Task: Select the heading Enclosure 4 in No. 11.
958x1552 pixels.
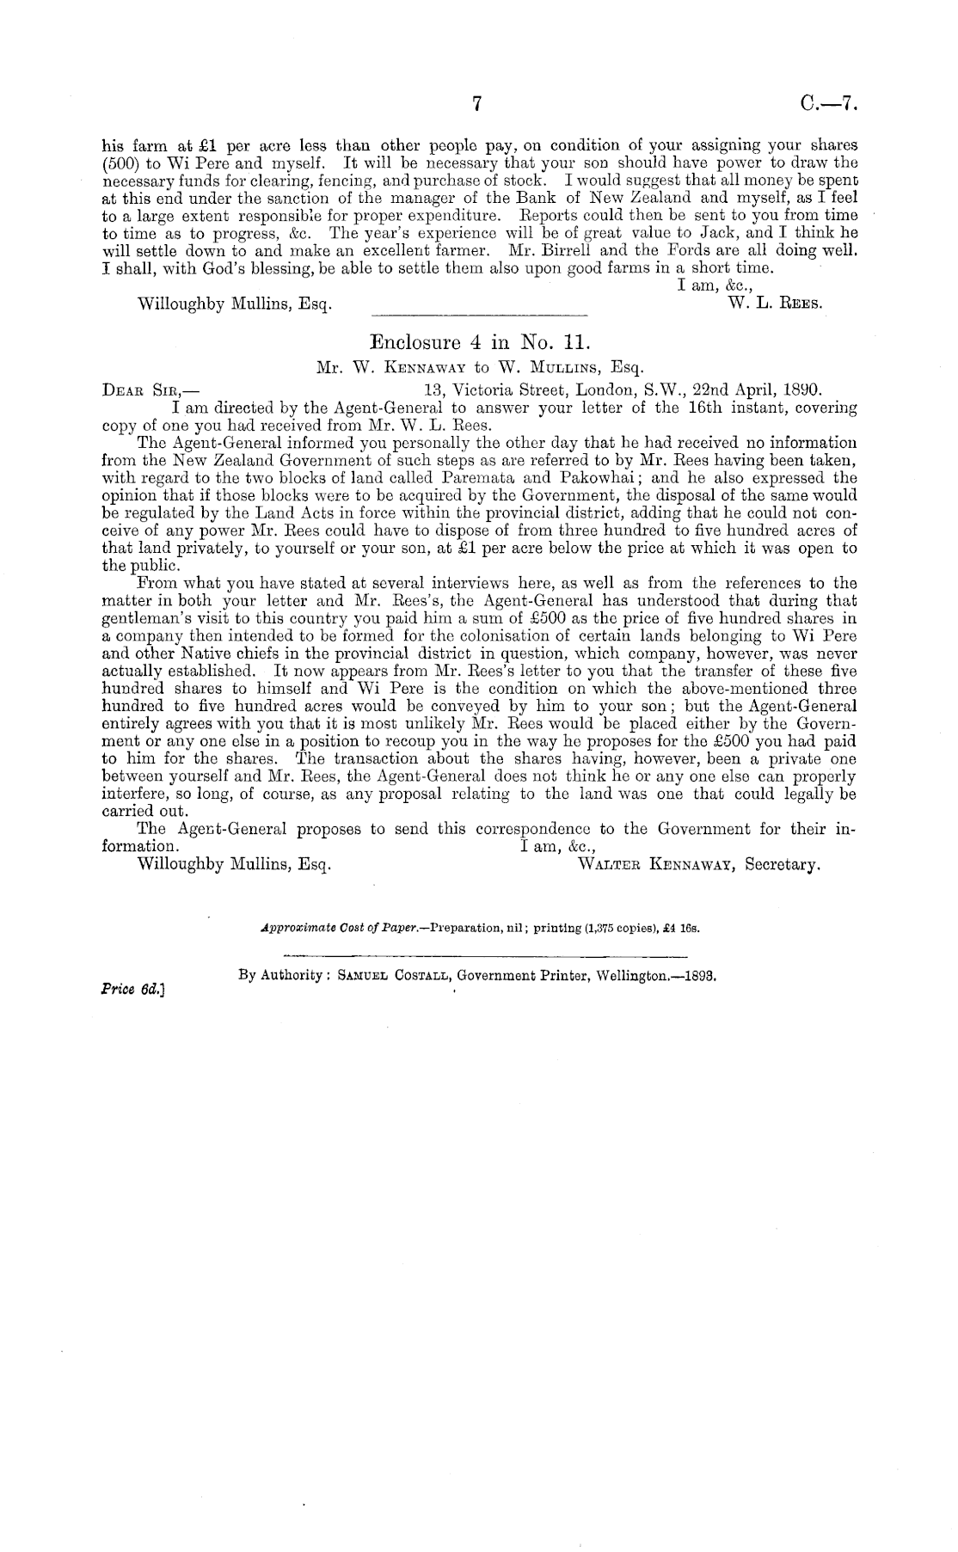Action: [477, 341]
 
